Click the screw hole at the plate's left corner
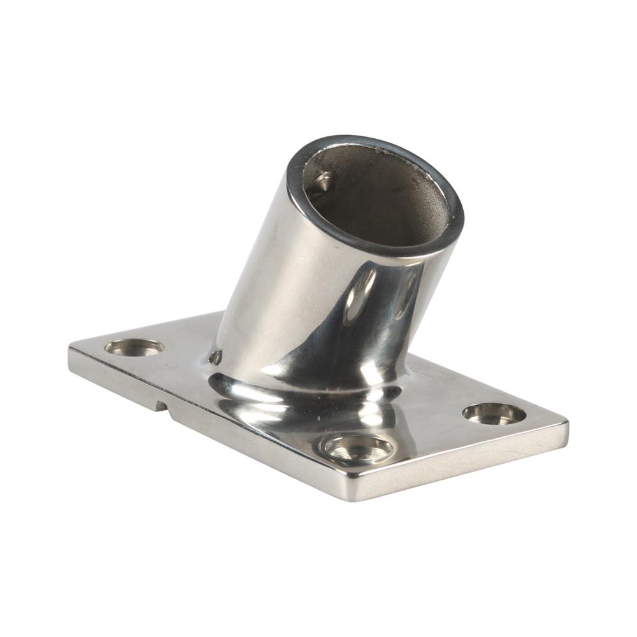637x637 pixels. pyautogui.click(x=134, y=347)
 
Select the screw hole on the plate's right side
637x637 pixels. pyautogui.click(x=494, y=413)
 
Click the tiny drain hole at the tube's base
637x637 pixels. pyautogui.click(x=215, y=357)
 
